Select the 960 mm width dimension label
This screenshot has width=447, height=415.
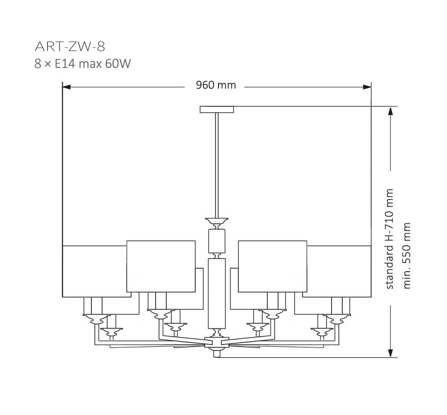[216, 85]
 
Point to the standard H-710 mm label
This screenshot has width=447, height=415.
[389, 239]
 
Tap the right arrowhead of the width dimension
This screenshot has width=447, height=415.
[367, 87]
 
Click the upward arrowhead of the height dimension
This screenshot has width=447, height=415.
[390, 111]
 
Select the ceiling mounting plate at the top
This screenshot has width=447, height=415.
[217, 110]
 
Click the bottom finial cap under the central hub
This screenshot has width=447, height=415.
[216, 353]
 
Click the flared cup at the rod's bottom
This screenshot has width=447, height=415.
[216, 220]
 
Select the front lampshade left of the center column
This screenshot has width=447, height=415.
[161, 266]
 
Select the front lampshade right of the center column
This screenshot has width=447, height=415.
[272, 266]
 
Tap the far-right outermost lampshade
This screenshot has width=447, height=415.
[339, 271]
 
